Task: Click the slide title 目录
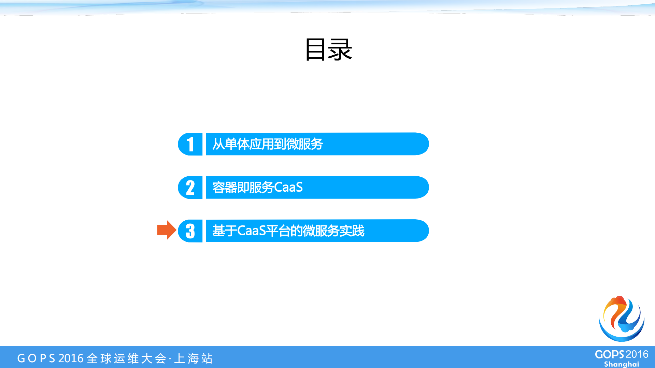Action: coord(328,50)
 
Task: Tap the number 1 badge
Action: coord(190,144)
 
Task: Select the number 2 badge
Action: coord(190,187)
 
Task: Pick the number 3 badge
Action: coord(190,231)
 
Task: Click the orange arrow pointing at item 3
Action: coord(166,230)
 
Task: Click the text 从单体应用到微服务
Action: coord(268,144)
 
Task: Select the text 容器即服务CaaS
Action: coord(257,187)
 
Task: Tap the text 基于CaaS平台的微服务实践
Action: coord(288,231)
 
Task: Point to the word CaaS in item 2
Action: coord(288,187)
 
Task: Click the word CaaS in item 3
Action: coord(251,231)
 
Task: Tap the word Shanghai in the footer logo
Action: coord(621,364)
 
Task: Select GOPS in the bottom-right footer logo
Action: coord(610,354)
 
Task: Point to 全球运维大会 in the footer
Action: coord(127,358)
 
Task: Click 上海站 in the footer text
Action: coord(194,358)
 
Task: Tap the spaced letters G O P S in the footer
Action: coord(36,358)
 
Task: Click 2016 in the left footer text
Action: coord(71,358)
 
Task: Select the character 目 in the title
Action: coord(315,50)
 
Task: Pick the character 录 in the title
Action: coord(340,50)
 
